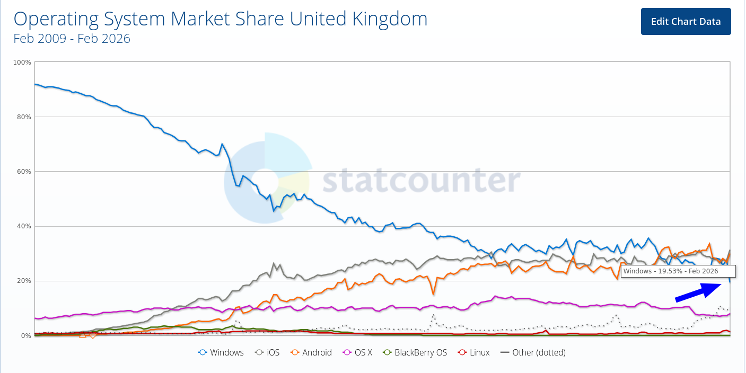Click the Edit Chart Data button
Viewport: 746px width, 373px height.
click(x=686, y=22)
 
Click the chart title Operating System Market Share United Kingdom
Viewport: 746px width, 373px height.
click(x=220, y=19)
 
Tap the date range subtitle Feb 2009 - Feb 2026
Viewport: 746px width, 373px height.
click(x=72, y=39)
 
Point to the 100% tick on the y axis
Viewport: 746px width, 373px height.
click(x=22, y=63)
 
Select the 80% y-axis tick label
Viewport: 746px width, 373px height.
click(x=23, y=117)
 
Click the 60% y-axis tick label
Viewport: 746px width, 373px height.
click(x=23, y=172)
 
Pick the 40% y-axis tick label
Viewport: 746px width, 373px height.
click(x=23, y=226)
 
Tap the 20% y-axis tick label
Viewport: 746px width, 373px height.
click(x=23, y=281)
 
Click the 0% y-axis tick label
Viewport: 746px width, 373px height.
click(x=25, y=335)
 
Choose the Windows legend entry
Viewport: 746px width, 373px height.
click(x=221, y=352)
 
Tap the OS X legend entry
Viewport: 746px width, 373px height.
click(x=358, y=352)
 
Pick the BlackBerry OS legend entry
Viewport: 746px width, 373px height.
click(x=415, y=352)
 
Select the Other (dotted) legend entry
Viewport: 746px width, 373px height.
click(x=533, y=352)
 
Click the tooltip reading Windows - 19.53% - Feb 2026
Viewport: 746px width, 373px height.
click(x=670, y=271)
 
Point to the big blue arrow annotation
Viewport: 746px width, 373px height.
click(x=698, y=292)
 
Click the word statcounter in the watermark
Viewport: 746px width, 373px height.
click(x=422, y=181)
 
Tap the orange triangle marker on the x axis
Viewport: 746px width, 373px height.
click(x=82, y=334)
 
